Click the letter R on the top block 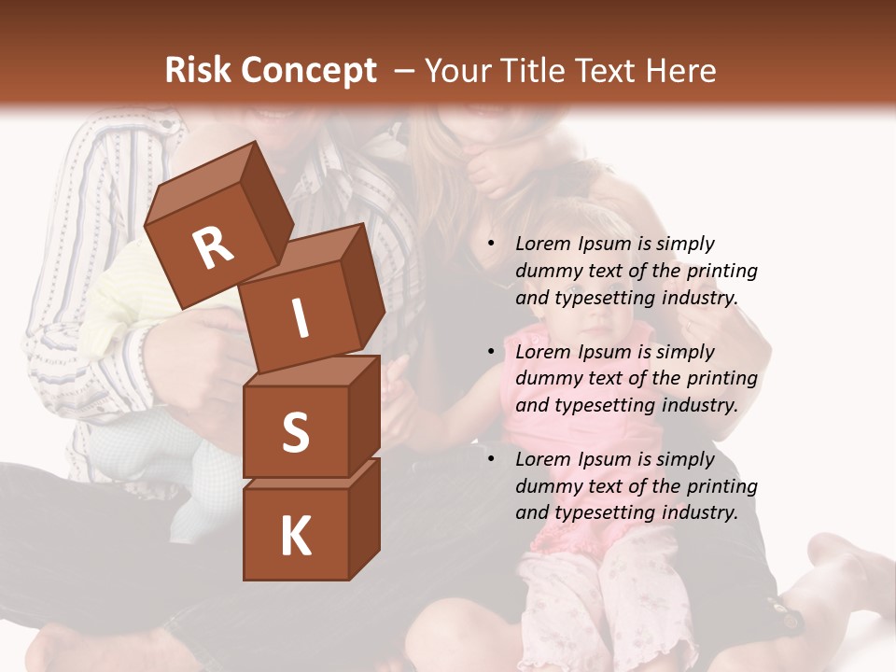click(x=213, y=247)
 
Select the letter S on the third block click(x=295, y=434)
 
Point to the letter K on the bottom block click(x=295, y=537)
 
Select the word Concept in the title click(x=309, y=71)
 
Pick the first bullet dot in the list click(x=491, y=244)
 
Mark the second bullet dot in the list click(x=491, y=352)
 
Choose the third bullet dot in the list click(x=491, y=459)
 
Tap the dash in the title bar click(x=405, y=70)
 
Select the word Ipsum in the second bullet click(x=606, y=352)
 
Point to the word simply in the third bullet click(x=685, y=459)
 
